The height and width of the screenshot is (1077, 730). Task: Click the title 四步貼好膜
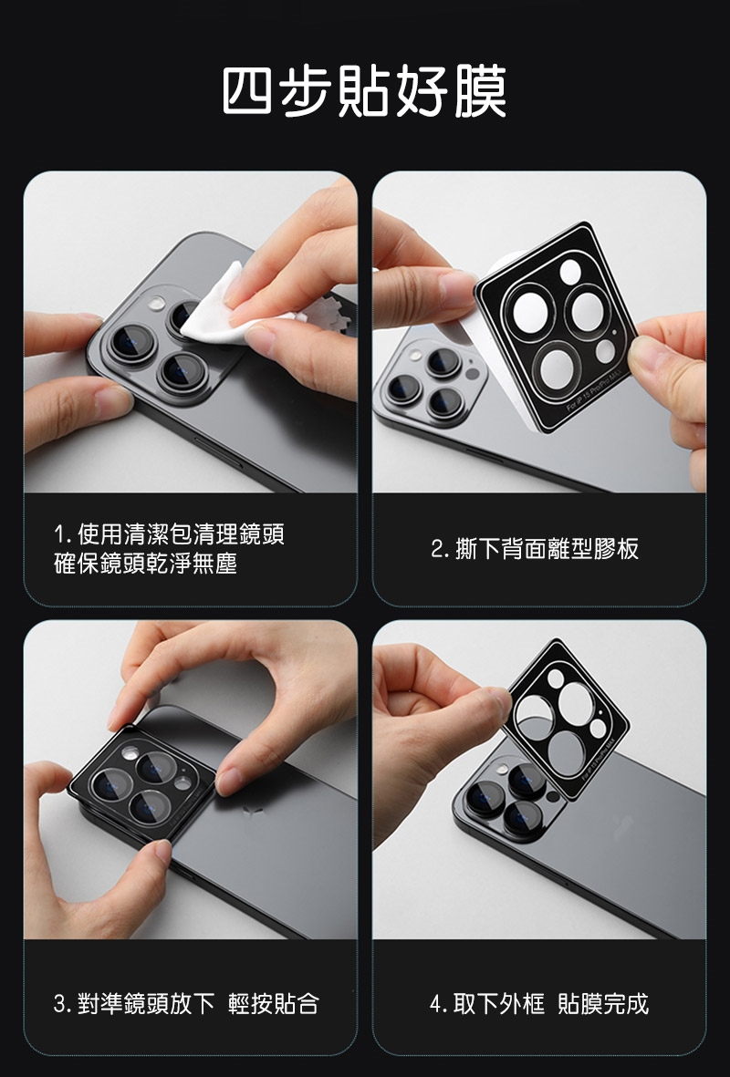tap(365, 91)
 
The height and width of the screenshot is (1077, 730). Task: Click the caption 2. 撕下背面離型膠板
tap(535, 549)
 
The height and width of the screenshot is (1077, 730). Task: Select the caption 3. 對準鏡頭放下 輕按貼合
tap(186, 1003)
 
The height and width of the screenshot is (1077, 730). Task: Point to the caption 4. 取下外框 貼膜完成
tap(539, 1003)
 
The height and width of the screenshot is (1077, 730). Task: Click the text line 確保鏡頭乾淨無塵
tap(145, 564)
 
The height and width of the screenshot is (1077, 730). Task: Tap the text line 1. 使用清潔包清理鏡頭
tap(169, 533)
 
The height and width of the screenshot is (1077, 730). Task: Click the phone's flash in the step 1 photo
tap(157, 304)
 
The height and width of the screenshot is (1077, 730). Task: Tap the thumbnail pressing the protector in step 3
tap(228, 781)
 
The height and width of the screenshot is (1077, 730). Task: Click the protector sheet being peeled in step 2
tap(557, 327)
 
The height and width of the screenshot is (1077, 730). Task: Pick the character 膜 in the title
tap(481, 91)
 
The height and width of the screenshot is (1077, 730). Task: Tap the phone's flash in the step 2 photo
tap(415, 356)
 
